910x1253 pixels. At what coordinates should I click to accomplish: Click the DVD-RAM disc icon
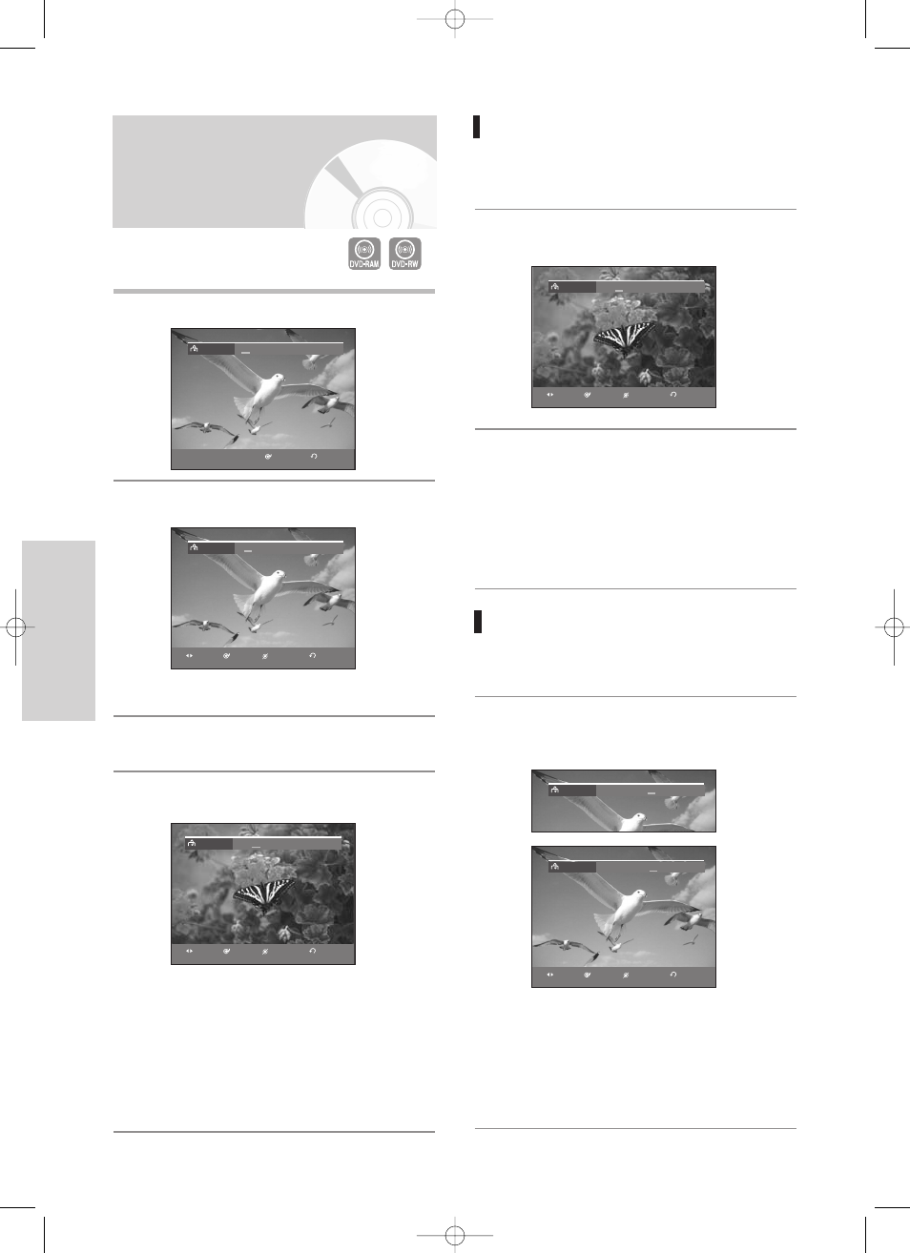[x=364, y=254]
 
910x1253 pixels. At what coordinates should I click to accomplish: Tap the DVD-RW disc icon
[x=405, y=254]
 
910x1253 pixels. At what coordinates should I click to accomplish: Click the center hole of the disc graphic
[x=383, y=218]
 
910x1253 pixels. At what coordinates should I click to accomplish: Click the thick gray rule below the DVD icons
[x=274, y=292]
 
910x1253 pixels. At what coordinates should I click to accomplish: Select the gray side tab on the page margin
[x=59, y=630]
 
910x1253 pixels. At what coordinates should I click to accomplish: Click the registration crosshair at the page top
[x=455, y=19]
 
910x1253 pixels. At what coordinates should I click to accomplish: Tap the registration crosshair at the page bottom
[x=455, y=1235]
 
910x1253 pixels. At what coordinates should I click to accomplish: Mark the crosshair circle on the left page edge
[x=15, y=627]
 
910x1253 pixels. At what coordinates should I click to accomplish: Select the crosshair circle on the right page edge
[x=894, y=627]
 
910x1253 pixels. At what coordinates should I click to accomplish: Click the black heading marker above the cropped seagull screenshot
[x=478, y=622]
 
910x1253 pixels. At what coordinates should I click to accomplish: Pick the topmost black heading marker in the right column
[x=477, y=127]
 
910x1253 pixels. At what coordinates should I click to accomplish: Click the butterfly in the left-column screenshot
[x=263, y=895]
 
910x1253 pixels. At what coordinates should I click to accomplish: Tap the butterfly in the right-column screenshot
[x=625, y=338]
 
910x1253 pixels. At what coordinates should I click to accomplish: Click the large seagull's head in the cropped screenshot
[x=638, y=818]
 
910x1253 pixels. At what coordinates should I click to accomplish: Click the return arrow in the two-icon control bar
[x=314, y=456]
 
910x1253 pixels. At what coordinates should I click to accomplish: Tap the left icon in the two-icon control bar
[x=268, y=457]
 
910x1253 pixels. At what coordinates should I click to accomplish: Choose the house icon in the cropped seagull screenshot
[x=555, y=790]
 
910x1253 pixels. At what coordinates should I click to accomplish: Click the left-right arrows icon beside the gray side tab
[x=189, y=656]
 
